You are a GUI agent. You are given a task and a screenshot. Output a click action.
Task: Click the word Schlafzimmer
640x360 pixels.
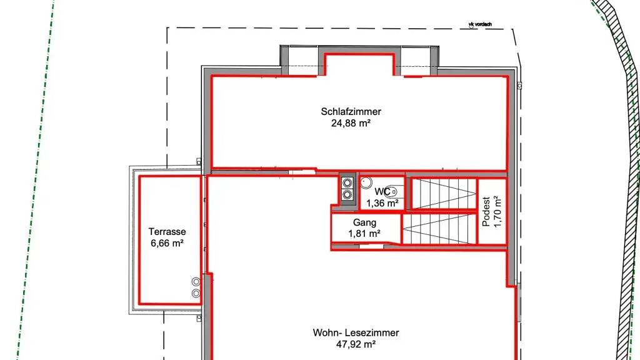351,111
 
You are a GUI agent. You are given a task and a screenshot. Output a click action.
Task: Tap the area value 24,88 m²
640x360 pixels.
351,123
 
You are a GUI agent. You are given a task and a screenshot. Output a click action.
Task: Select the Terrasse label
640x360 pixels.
167,232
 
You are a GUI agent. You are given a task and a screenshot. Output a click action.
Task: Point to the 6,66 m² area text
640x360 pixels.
167,243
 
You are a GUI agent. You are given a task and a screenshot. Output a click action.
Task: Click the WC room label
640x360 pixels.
382,192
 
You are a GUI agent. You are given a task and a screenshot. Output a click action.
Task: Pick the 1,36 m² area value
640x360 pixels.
382,203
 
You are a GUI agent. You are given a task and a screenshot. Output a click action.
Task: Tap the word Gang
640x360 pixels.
364,223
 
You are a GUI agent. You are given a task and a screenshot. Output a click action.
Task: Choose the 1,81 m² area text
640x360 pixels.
364,234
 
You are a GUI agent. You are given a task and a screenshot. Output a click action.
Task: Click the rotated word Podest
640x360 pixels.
486,211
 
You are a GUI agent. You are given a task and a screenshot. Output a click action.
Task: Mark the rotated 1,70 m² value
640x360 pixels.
497,211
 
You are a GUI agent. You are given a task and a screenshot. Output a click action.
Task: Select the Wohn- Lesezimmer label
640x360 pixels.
356,332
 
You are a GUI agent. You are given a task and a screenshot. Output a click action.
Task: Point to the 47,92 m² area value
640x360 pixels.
356,344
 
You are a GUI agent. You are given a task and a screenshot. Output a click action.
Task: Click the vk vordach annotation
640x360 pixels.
480,24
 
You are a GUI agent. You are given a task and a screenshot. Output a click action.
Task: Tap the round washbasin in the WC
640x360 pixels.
366,182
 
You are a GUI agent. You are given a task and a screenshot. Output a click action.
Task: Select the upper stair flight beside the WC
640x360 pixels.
444,194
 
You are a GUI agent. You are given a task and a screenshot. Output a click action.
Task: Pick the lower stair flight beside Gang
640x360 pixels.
439,229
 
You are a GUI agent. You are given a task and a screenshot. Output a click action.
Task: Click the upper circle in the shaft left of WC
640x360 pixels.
347,183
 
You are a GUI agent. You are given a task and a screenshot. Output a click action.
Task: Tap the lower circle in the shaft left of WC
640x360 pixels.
347,195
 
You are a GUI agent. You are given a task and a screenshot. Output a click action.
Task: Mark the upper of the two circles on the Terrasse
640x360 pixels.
196,282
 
